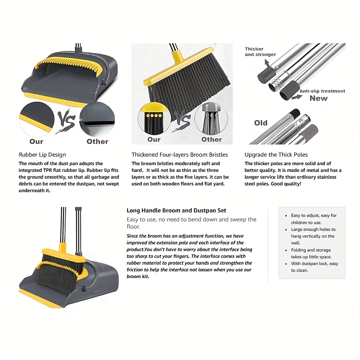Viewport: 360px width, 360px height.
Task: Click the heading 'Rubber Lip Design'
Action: coord(42,155)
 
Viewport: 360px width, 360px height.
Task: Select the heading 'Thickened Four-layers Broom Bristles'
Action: coord(180,155)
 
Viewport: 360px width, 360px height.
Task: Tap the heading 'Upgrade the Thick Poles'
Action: coord(276,155)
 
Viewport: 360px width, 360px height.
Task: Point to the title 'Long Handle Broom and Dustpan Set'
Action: coord(176,211)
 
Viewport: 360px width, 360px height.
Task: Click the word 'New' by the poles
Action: coord(319,98)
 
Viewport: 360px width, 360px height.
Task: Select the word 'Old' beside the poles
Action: coord(261,123)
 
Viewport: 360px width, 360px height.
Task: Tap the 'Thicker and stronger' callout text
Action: coord(260,52)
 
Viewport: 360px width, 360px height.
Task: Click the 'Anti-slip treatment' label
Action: coord(322,91)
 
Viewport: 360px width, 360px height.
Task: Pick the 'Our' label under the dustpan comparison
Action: coord(36,141)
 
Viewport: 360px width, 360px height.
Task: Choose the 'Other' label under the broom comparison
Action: coord(211,139)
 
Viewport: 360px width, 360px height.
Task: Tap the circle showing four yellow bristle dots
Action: coord(154,119)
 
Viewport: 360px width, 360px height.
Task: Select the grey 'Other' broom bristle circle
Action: coord(211,119)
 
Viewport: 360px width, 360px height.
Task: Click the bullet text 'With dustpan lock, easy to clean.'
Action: coord(314,267)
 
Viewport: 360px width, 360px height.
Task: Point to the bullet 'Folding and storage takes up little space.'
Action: coord(311,253)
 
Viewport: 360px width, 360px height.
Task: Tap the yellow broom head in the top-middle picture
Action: coord(178,67)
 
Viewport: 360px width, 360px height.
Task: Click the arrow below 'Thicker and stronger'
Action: coord(267,63)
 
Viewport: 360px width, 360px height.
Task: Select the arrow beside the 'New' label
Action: coord(297,97)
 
